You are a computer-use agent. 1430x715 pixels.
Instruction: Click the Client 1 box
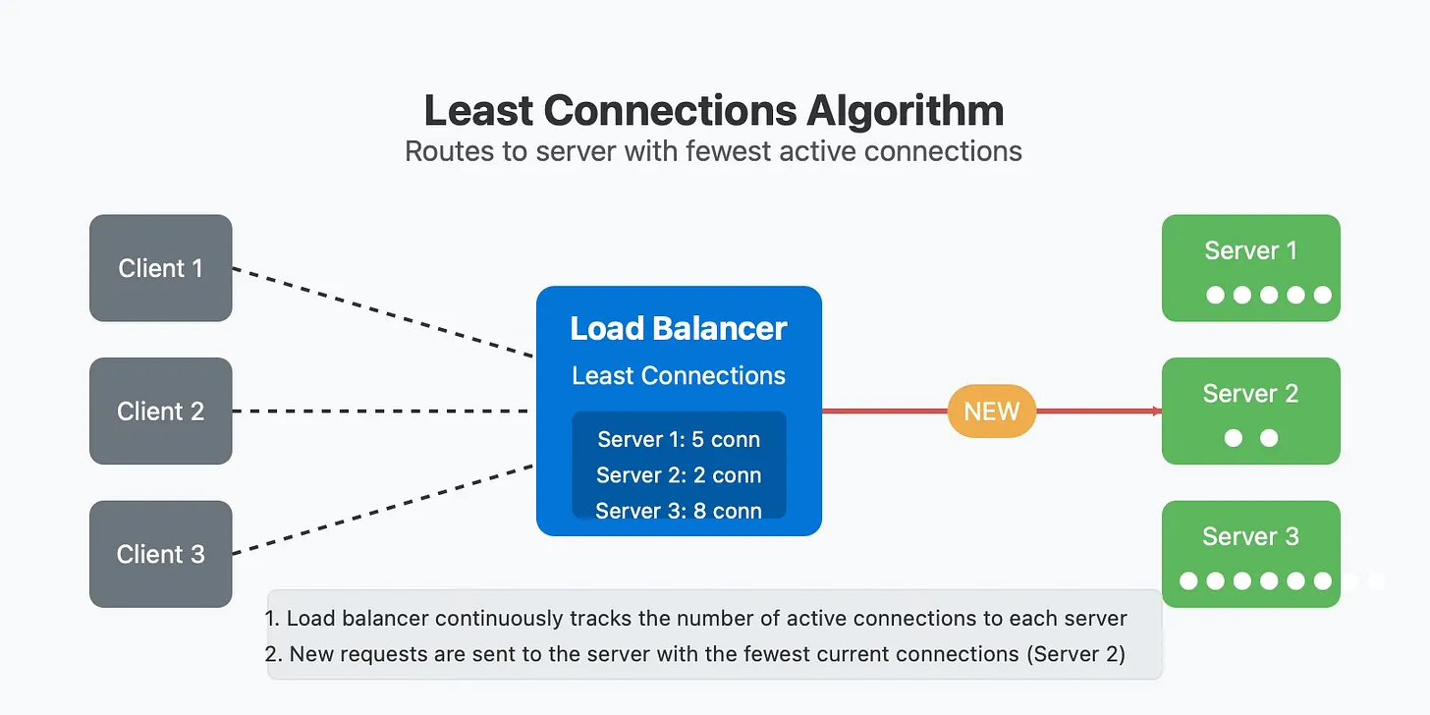(x=161, y=268)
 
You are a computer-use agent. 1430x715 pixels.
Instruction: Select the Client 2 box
(x=161, y=412)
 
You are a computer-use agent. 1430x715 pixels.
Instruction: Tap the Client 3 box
(x=161, y=554)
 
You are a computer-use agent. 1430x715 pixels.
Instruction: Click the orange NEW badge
(x=991, y=412)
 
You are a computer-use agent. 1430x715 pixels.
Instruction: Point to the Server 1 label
(x=1250, y=250)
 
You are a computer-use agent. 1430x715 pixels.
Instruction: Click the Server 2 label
(x=1250, y=394)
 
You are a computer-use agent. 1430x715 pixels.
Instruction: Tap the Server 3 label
(x=1250, y=537)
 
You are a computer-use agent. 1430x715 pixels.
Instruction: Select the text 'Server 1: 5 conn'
(x=679, y=439)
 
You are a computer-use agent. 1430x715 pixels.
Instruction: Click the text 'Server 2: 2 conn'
(x=679, y=475)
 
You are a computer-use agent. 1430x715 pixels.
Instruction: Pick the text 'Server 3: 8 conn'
(x=679, y=511)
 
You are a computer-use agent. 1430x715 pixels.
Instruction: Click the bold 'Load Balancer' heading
(x=679, y=329)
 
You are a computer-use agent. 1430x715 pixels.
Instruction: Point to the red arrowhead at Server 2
(x=1157, y=412)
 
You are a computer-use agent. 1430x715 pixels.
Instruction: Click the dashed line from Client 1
(x=383, y=312)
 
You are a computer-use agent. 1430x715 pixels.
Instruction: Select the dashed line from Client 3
(x=383, y=510)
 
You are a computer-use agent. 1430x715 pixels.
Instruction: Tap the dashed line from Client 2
(x=380, y=412)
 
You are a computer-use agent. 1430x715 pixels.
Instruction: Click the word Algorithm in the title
(x=906, y=111)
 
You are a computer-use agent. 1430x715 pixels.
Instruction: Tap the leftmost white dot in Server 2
(x=1234, y=438)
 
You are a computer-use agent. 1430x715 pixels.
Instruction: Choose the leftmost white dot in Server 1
(x=1216, y=295)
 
